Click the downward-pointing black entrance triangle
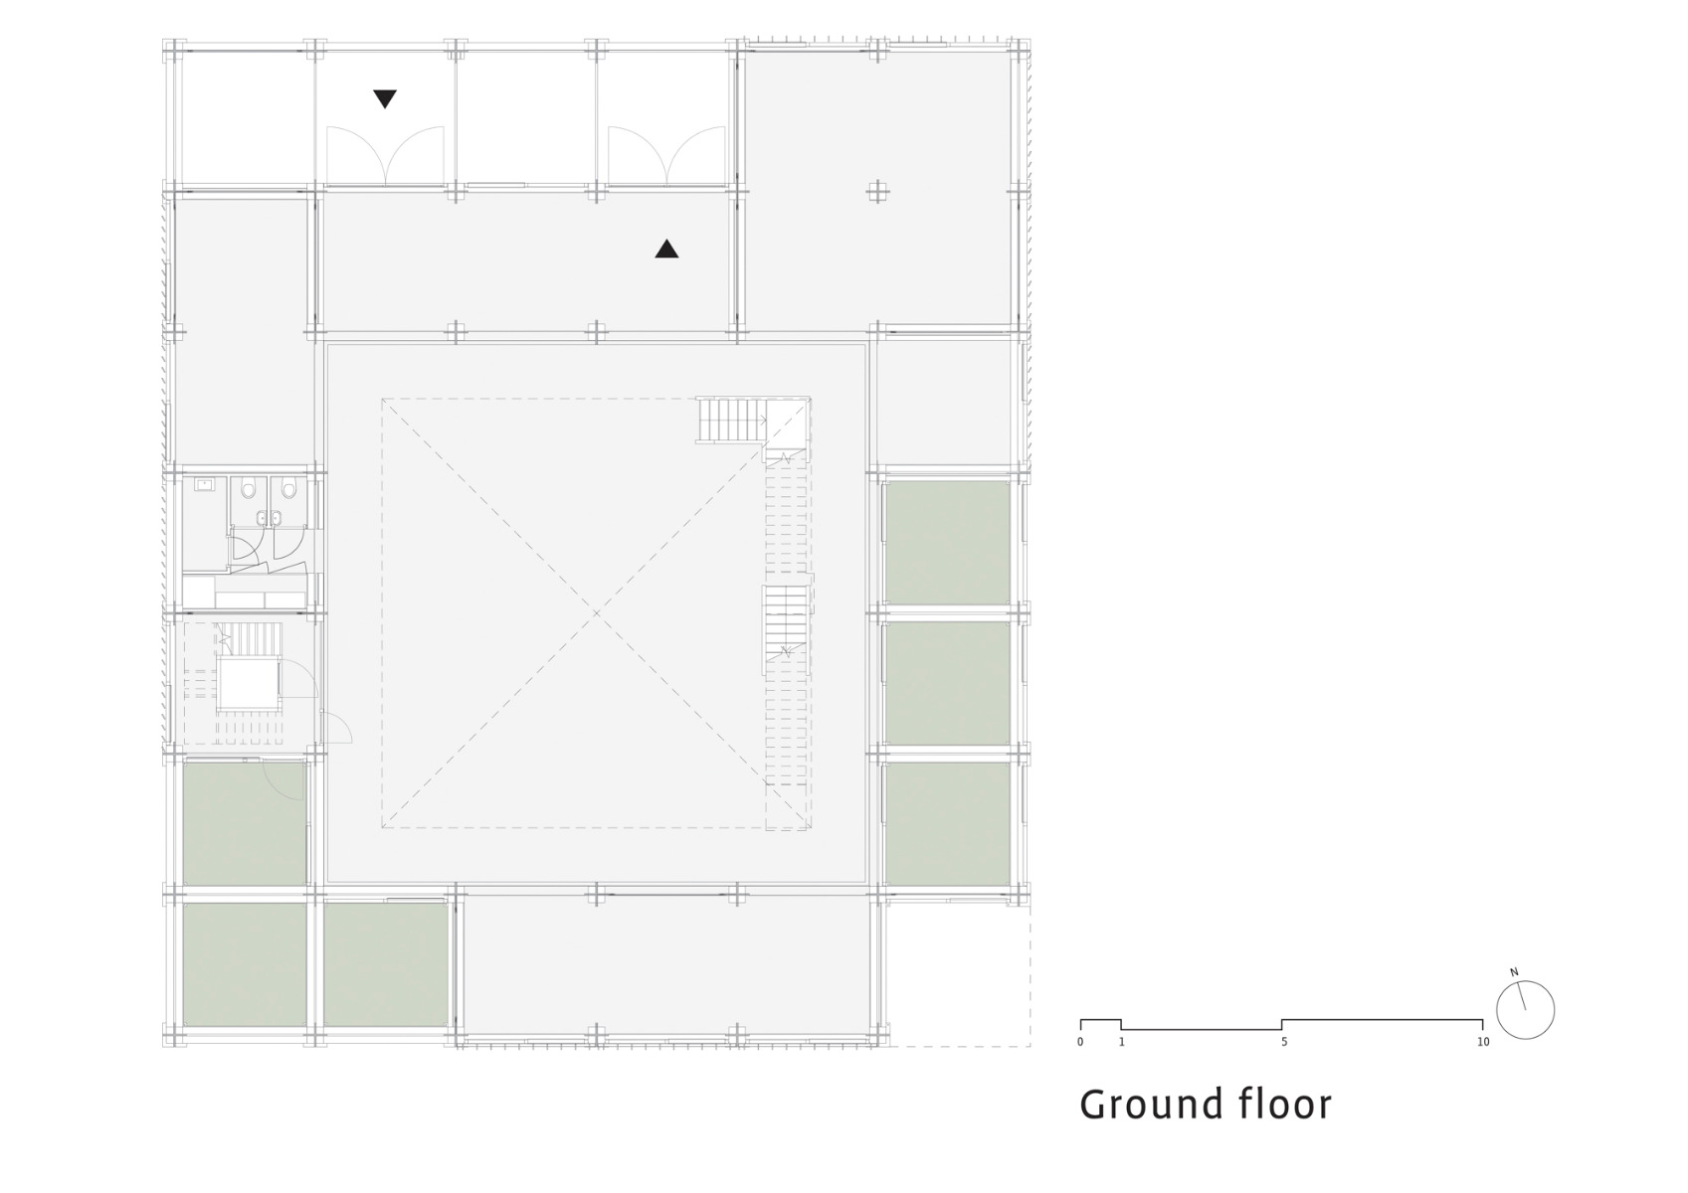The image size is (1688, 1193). click(385, 98)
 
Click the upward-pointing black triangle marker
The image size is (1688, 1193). click(666, 250)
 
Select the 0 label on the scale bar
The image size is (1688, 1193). click(1080, 1042)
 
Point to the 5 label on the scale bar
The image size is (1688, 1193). click(1284, 1042)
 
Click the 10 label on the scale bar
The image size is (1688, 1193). click(1483, 1042)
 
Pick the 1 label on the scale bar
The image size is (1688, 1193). click(1121, 1042)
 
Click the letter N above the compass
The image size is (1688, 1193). click(1514, 972)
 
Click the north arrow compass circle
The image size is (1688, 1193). click(1525, 1011)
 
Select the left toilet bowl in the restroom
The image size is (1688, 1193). click(248, 488)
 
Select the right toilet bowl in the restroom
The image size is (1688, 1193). click(286, 488)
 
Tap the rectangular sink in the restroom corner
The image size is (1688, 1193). click(206, 485)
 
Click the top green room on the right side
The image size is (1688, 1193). click(947, 542)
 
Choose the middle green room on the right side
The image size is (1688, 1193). click(947, 683)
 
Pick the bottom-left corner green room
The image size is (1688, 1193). click(245, 963)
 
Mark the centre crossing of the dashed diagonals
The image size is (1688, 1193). click(596, 613)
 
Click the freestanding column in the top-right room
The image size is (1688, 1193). click(876, 192)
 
